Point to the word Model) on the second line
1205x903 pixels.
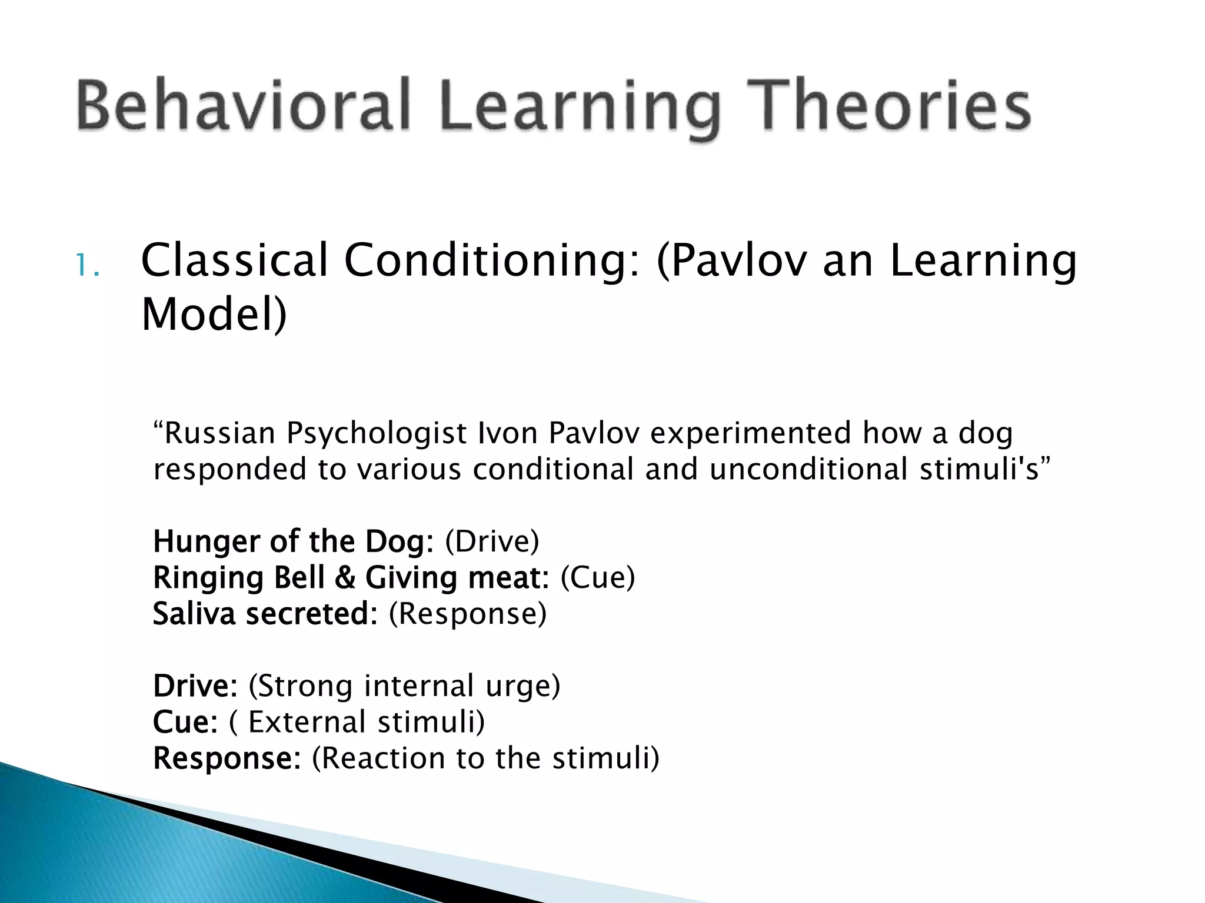[x=214, y=315]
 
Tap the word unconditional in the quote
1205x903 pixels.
[x=808, y=469]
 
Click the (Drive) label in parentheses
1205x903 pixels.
[x=492, y=541]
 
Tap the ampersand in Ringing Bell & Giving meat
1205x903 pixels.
[x=345, y=577]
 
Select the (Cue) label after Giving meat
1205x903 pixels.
[x=598, y=577]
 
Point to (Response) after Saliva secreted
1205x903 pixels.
[x=468, y=615]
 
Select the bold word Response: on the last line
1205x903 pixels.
[x=227, y=759]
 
